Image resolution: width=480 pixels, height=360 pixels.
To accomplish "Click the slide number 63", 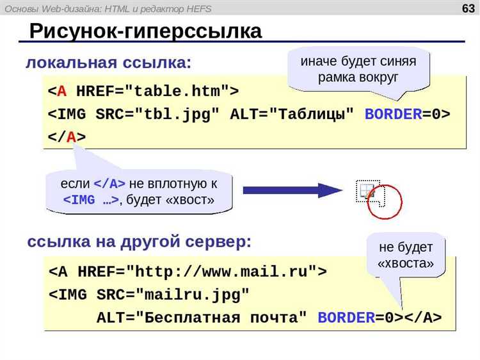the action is point(468,8).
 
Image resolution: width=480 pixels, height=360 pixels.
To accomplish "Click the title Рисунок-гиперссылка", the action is point(146,31).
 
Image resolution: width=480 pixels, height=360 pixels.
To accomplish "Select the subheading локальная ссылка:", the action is point(108,63).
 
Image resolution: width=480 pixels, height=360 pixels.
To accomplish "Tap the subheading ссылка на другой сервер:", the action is point(140,241).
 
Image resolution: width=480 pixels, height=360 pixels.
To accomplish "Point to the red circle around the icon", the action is point(385,202).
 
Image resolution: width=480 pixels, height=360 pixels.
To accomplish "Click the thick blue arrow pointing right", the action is point(292,191).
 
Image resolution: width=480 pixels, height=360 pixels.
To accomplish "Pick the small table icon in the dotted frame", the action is point(367,192).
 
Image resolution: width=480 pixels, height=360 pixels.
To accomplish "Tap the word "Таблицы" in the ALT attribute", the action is point(312,115).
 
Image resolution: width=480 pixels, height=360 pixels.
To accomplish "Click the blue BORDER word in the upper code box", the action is point(394,114).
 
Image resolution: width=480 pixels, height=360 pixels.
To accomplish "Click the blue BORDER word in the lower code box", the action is point(346,318).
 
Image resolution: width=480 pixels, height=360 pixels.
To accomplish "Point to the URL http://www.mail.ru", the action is point(221,272).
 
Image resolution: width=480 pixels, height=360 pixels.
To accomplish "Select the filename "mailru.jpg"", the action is point(193,295).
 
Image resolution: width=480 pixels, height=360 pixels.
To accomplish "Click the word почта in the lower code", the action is point(275,318).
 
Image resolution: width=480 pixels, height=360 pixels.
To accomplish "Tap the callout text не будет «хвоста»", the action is point(406,255).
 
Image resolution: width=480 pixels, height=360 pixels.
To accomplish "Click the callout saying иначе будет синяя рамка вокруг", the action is point(358,69).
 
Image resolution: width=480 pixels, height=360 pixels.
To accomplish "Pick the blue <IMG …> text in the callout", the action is point(91,200).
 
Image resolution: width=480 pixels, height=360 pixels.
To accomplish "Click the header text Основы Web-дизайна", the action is point(52,9).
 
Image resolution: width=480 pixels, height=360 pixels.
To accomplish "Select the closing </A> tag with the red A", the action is point(67,136).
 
